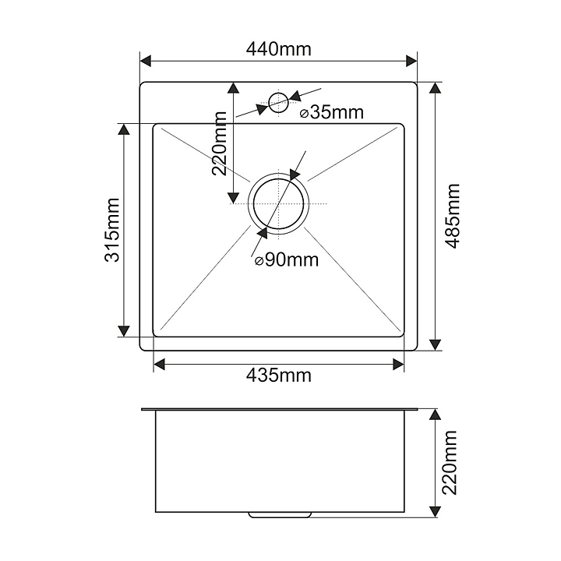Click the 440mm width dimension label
coord(278,49)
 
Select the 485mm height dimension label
coord(453,216)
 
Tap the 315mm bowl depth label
coord(112,230)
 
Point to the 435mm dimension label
coord(278,376)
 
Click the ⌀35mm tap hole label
coord(332,112)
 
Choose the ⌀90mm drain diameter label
coord(287,260)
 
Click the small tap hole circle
coord(277,101)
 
